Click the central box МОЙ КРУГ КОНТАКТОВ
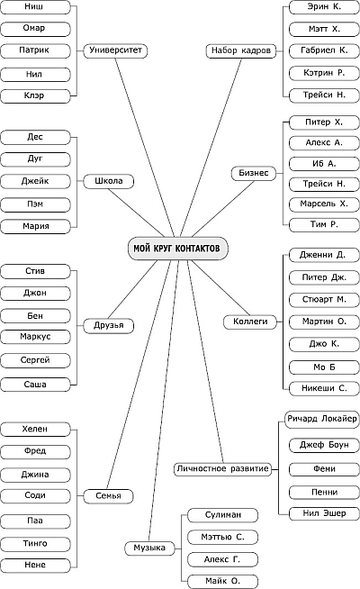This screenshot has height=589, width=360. (x=178, y=249)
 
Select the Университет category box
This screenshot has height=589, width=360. (x=115, y=50)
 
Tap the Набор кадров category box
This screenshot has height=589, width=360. (x=241, y=50)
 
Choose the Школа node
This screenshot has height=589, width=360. (x=109, y=181)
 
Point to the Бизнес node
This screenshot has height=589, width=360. (x=254, y=173)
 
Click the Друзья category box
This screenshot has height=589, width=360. (x=109, y=325)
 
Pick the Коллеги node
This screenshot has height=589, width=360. (x=250, y=322)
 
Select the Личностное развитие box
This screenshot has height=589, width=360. (x=222, y=469)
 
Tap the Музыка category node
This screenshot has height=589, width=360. (x=149, y=548)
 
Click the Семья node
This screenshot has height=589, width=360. (x=109, y=496)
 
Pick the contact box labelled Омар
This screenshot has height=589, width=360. (x=35, y=29)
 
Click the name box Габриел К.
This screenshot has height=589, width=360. (x=324, y=50)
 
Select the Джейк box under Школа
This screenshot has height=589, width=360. (x=35, y=181)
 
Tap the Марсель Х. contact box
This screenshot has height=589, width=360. (x=324, y=204)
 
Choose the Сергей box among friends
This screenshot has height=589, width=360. (x=35, y=360)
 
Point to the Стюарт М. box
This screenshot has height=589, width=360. (x=324, y=300)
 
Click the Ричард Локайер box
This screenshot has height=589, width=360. (x=322, y=419)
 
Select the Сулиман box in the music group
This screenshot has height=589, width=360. (x=222, y=515)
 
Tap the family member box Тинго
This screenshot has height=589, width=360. (x=35, y=544)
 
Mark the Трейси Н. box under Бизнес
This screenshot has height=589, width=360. (x=324, y=184)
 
